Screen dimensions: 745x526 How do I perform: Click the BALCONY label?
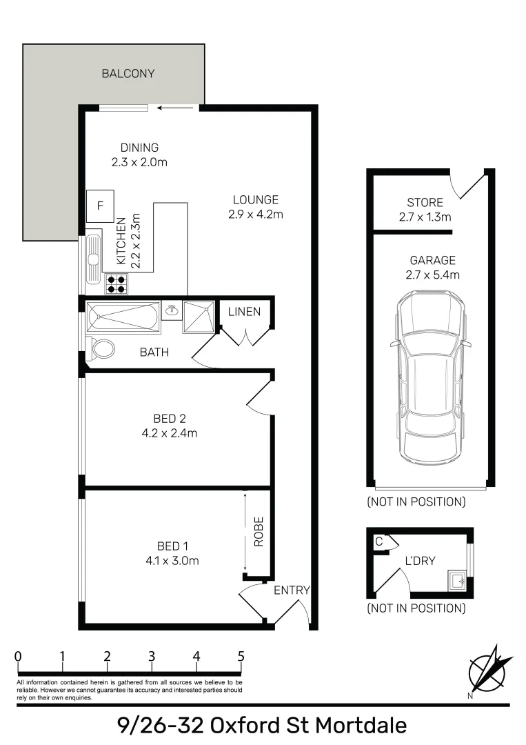pyautogui.click(x=128, y=73)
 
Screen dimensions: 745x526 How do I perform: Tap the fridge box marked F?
pyautogui.click(x=100, y=206)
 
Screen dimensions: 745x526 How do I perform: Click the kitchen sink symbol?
pyautogui.click(x=93, y=261)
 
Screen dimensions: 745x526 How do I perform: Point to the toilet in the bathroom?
pyautogui.click(x=102, y=348)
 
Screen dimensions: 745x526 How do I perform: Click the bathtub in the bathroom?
pyautogui.click(x=123, y=317)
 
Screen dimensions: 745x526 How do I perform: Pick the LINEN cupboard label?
pyautogui.click(x=245, y=312)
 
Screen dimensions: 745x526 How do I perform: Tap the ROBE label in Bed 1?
pyautogui.click(x=259, y=532)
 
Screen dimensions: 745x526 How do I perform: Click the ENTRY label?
pyautogui.click(x=291, y=590)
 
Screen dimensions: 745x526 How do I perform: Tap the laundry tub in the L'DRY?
pyautogui.click(x=456, y=580)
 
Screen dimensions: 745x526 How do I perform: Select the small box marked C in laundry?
pyautogui.click(x=379, y=542)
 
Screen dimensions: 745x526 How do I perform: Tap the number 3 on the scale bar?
pyautogui.click(x=152, y=656)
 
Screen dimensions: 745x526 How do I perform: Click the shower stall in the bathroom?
pyautogui.click(x=199, y=317)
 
